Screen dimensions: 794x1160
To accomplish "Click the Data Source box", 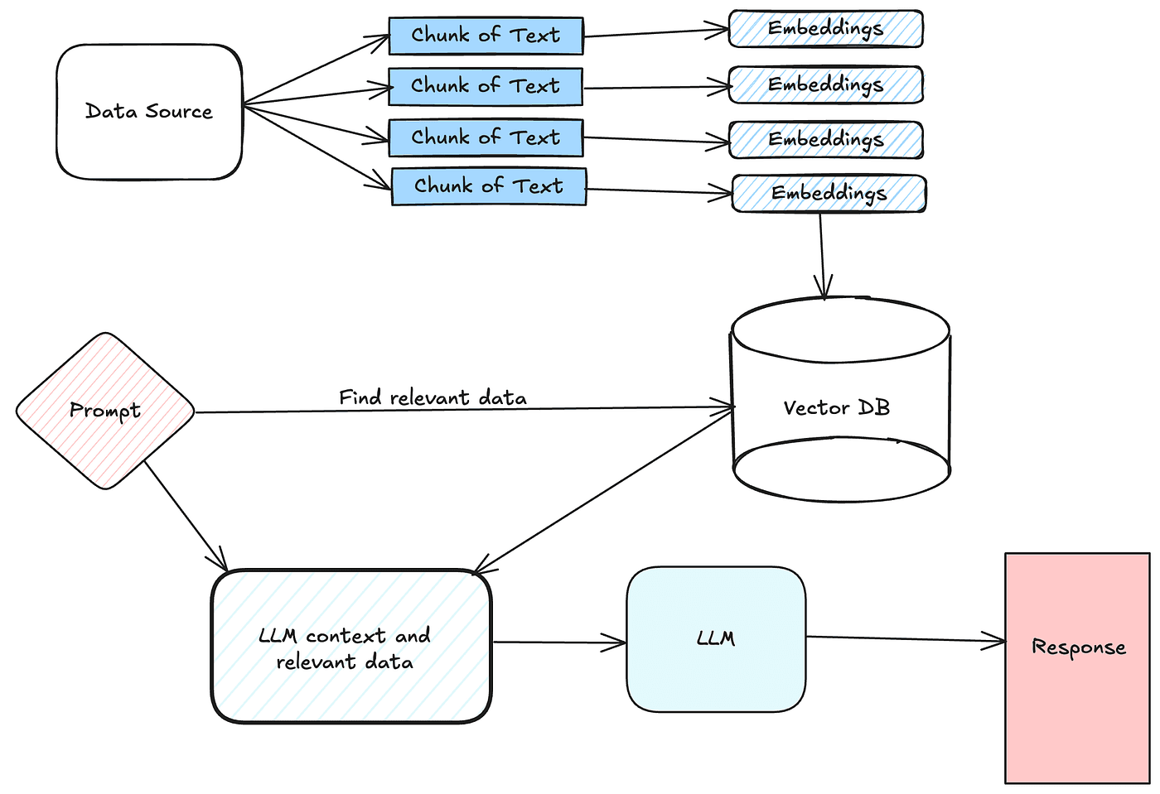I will point(149,112).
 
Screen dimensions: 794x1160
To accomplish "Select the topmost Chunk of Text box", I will point(486,36).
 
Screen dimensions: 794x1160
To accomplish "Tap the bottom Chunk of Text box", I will point(489,186).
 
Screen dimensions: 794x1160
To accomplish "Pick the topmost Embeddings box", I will point(825,29).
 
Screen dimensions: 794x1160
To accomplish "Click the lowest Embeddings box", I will point(829,194).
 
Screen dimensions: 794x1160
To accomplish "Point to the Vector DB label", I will point(836,407).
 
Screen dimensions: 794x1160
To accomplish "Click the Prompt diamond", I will point(105,411).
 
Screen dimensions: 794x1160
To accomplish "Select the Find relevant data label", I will point(433,398).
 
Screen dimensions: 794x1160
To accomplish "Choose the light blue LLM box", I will point(716,638).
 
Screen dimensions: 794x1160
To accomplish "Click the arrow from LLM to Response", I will point(903,638).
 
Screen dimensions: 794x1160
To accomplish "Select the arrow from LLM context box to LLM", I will point(559,642).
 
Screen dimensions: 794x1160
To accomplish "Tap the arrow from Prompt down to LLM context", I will point(186,516).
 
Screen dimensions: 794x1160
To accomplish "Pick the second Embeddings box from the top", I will point(825,85).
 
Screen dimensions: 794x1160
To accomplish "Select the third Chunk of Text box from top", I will point(486,137).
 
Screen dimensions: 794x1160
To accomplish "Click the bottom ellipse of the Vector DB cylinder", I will point(842,476).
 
